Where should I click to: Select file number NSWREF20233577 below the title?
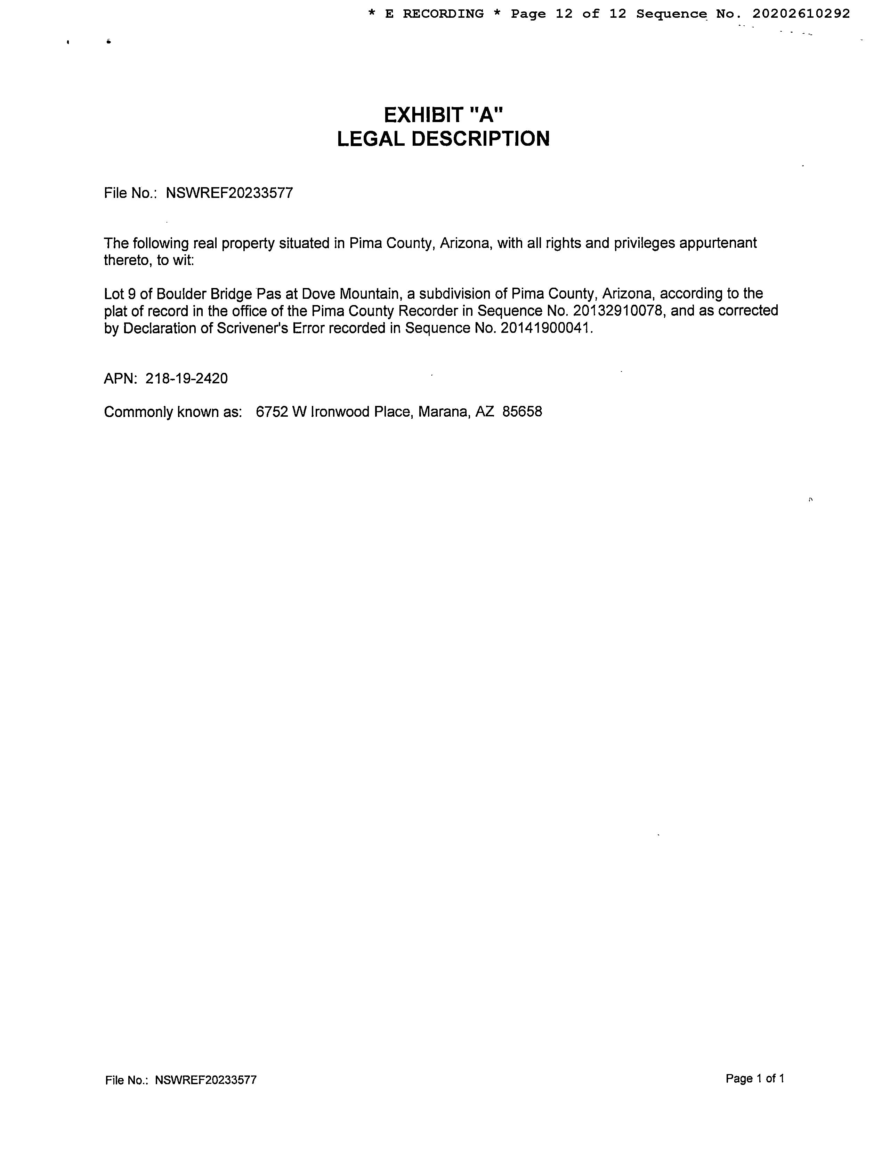pos(229,193)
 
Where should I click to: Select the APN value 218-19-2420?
pos(187,379)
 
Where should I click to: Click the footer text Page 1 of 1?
pos(754,1079)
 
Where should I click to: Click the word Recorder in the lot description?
pos(428,311)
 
